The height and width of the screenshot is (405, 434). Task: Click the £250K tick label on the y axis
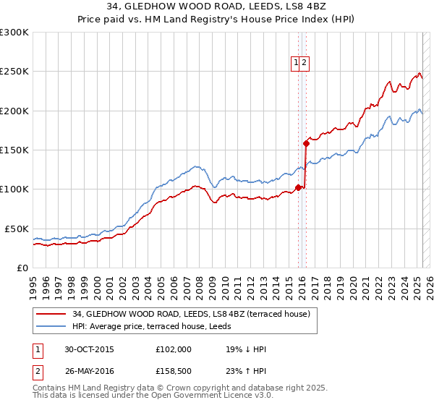pyautogui.click(x=14, y=72)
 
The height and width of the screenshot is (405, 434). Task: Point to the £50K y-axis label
pyautogui.click(x=17, y=229)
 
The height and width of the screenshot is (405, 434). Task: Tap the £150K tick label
pyautogui.click(x=14, y=150)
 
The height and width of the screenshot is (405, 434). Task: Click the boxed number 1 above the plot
pyautogui.click(x=296, y=63)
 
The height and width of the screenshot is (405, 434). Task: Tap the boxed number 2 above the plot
pyautogui.click(x=305, y=63)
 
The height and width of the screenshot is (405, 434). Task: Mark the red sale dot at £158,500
pyautogui.click(x=306, y=143)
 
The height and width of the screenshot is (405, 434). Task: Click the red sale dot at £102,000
pyautogui.click(x=298, y=188)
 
